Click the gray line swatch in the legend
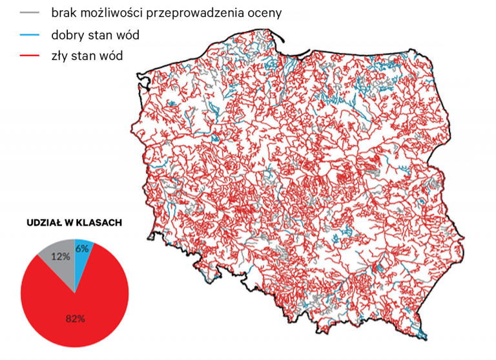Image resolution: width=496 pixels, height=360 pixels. [30, 13]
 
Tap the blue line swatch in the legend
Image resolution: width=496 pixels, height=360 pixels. [30, 35]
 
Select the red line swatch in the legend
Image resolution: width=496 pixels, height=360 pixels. [30, 56]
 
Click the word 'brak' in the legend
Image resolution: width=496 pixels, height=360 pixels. [65, 13]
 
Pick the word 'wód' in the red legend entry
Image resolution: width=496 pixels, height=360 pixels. [110, 56]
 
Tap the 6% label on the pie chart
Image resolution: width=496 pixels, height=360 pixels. [82, 248]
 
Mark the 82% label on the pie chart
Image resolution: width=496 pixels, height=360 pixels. [75, 318]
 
